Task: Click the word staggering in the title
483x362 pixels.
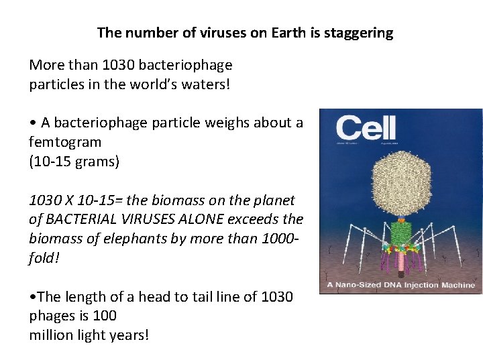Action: point(360,32)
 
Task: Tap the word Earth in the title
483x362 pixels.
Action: point(291,32)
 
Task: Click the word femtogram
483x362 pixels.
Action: point(65,142)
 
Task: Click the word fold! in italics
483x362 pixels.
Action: point(44,258)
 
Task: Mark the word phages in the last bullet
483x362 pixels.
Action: point(52,316)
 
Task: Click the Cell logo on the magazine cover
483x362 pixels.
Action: point(366,128)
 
